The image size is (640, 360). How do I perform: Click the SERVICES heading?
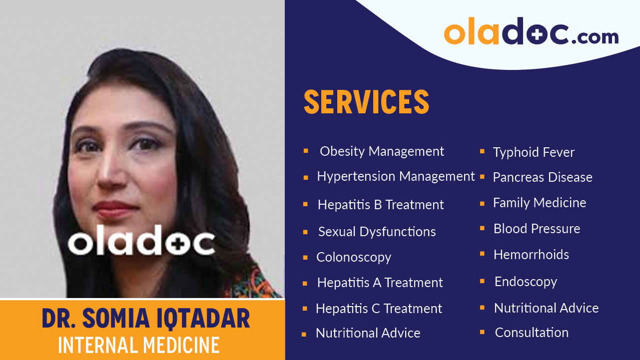pyautogui.click(x=366, y=102)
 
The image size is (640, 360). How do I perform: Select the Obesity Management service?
pyautogui.click(x=382, y=151)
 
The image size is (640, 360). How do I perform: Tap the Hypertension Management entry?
pyautogui.click(x=396, y=176)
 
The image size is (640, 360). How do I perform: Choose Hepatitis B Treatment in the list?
pyautogui.click(x=381, y=205)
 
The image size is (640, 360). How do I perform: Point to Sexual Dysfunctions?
pyautogui.click(x=377, y=232)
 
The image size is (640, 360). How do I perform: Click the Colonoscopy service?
pyautogui.click(x=354, y=257)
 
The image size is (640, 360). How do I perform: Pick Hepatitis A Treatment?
pyautogui.click(x=380, y=283)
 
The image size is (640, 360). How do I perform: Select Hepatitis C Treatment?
pyautogui.click(x=379, y=309)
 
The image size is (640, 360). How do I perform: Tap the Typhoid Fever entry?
pyautogui.click(x=534, y=152)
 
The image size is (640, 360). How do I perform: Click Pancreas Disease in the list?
pyautogui.click(x=543, y=177)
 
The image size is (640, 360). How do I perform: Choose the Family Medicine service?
pyautogui.click(x=540, y=203)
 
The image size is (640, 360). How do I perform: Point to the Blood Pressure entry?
pyautogui.click(x=537, y=229)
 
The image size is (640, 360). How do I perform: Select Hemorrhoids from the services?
pyautogui.click(x=531, y=255)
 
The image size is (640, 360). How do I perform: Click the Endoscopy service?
pyautogui.click(x=526, y=282)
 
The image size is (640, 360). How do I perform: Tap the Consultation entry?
pyautogui.click(x=532, y=333)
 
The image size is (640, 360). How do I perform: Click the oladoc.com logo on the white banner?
pyautogui.click(x=531, y=32)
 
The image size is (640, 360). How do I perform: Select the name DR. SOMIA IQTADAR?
pyautogui.click(x=146, y=319)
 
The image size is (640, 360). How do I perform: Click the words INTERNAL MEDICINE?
pyautogui.click(x=139, y=345)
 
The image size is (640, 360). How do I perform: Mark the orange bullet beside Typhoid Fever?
pyautogui.click(x=482, y=151)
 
